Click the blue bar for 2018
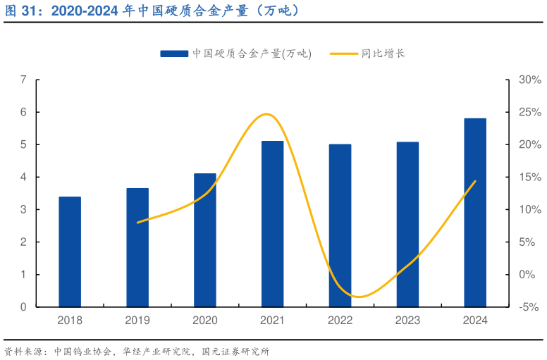coord(70,252)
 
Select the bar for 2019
coord(137,247)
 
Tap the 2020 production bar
coord(205,240)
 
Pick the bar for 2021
coord(273,224)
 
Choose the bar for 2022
coord(340,225)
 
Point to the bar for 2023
coord(407,224)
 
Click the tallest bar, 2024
coord(475,213)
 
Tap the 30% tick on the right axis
coord(529,80)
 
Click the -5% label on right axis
coord(529,307)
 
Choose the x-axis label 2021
coord(273,321)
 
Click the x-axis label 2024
coord(475,321)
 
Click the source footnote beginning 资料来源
coord(137,351)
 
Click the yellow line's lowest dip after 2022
coord(359,297)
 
